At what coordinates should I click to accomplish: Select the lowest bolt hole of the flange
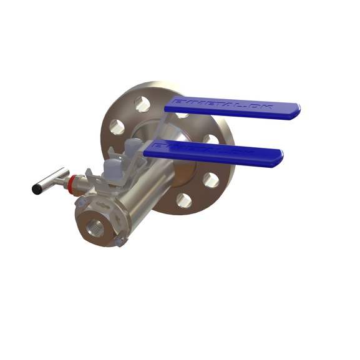183,200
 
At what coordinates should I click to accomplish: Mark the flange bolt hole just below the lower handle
211,180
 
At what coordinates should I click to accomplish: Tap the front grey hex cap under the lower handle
110,168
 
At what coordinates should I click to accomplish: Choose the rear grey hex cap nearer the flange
132,148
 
